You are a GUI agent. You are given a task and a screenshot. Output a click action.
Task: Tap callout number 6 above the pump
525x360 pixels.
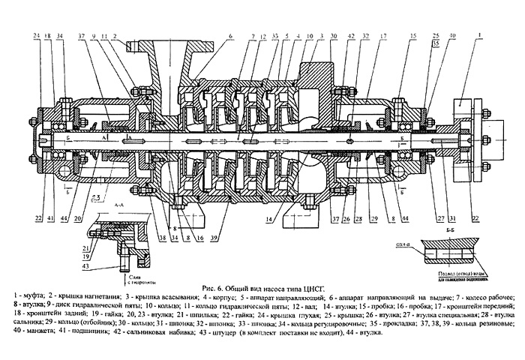(x=231, y=36)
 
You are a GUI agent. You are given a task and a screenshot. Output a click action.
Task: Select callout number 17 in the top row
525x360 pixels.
(x=383, y=36)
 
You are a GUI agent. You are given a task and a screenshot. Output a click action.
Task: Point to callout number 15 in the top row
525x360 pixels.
(x=413, y=36)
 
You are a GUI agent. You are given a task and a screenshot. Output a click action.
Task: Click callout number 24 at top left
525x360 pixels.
(x=36, y=36)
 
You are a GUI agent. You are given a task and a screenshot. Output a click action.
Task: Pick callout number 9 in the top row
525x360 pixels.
(x=93, y=36)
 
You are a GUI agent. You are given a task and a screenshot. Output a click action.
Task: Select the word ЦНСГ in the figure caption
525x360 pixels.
(x=324, y=287)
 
